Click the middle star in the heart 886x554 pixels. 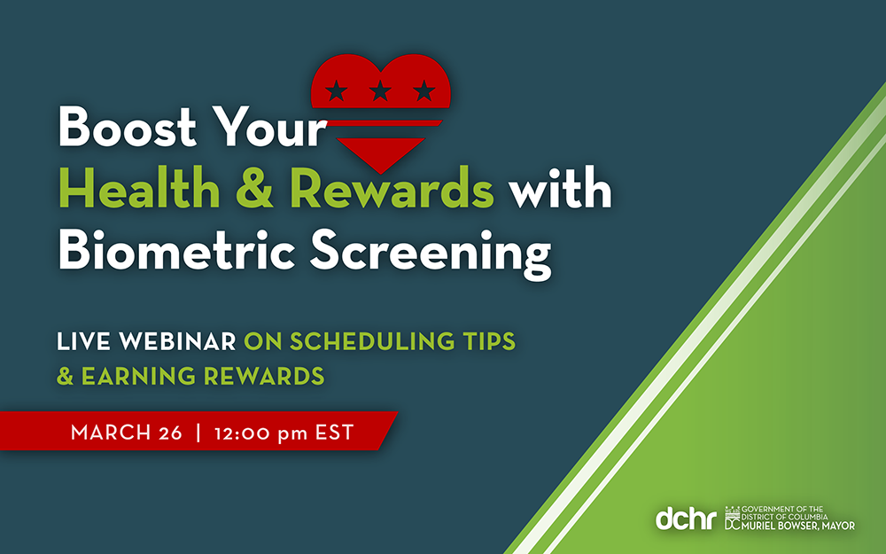(x=381, y=90)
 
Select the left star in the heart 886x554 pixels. (x=337, y=90)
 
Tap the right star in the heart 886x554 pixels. (x=425, y=90)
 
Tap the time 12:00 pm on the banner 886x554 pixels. (x=261, y=433)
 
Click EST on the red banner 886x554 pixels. (x=335, y=433)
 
